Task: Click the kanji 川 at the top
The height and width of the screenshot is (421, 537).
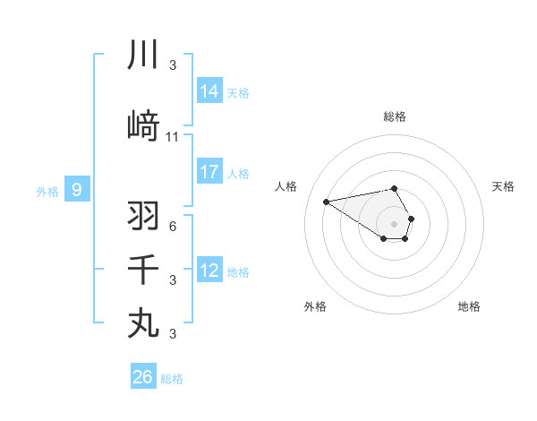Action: point(143,56)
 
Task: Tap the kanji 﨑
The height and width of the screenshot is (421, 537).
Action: point(143,127)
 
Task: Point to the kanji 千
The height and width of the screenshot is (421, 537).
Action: point(143,270)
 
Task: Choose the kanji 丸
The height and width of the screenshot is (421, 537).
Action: point(143,322)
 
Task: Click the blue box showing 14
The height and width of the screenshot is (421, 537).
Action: point(209,91)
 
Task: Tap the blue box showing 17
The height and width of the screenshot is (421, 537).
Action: point(209,172)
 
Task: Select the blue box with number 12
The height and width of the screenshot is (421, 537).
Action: point(209,271)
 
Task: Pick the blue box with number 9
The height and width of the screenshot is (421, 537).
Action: point(77,190)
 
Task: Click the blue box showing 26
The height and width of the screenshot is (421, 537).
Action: point(143,377)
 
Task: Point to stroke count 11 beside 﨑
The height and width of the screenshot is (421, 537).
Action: point(173,137)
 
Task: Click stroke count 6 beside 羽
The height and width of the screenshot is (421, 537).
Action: point(173,226)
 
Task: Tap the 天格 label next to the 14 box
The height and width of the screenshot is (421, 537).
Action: point(238,92)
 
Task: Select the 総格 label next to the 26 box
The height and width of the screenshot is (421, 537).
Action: point(172,379)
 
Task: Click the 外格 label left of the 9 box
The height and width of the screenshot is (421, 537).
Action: point(47,191)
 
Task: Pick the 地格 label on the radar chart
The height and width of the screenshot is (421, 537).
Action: point(469,306)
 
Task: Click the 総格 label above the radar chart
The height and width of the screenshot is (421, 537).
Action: point(395,116)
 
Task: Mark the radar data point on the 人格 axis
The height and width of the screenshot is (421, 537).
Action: point(327,201)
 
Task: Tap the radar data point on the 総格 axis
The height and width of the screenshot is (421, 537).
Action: point(395,188)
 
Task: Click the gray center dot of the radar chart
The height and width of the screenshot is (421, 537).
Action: point(395,223)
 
